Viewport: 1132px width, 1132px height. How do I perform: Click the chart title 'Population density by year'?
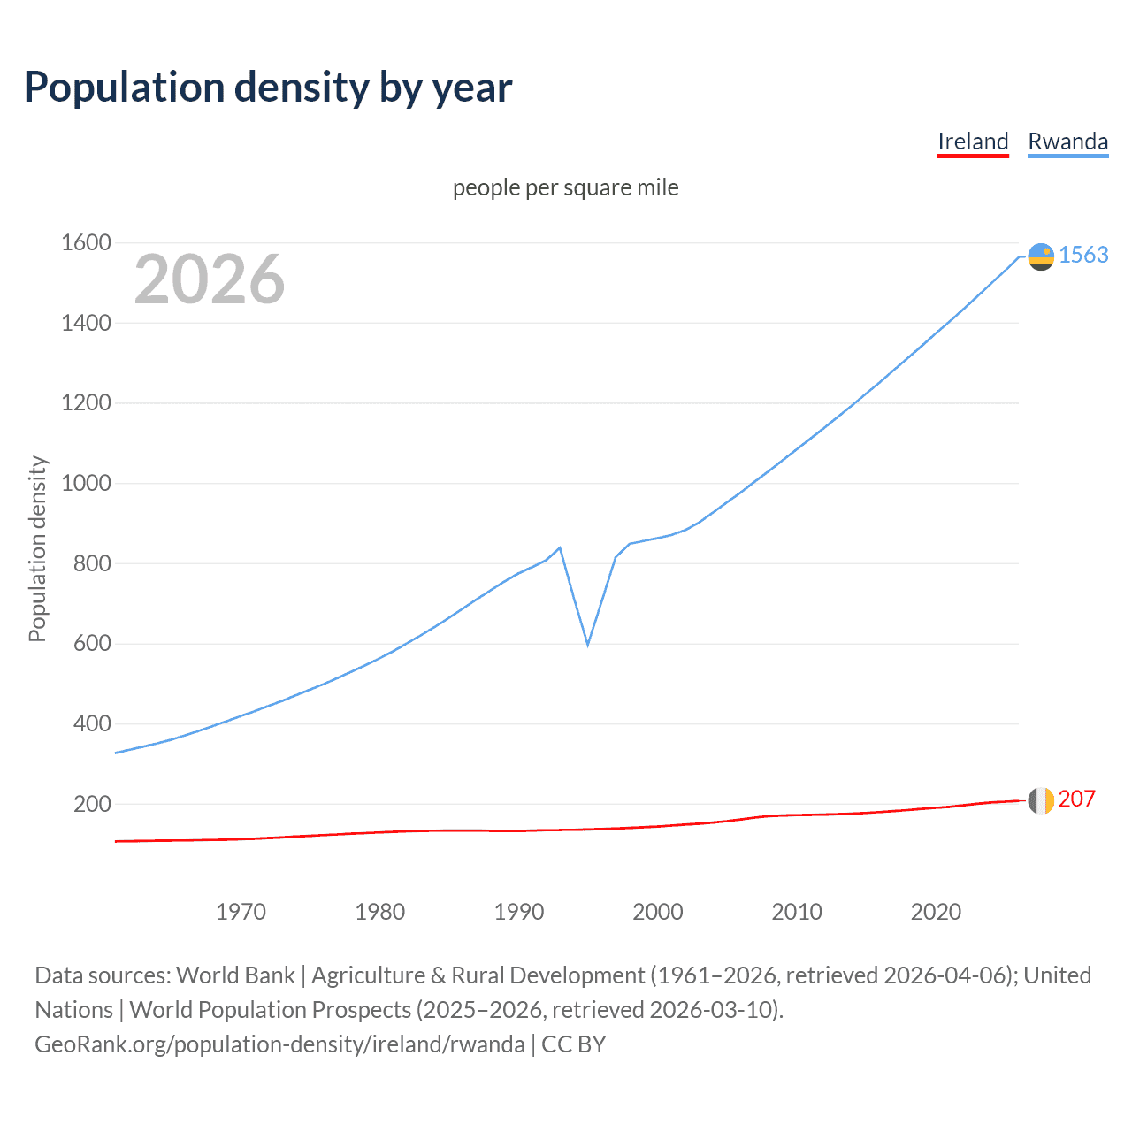(x=268, y=88)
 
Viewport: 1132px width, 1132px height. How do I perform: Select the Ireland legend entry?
(x=973, y=141)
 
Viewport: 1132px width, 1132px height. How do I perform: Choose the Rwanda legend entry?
(x=1067, y=141)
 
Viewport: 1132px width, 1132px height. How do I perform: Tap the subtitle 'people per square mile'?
(x=565, y=187)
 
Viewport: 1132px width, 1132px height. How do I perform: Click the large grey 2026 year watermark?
(x=210, y=279)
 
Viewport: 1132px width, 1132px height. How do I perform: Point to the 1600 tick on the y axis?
(x=86, y=242)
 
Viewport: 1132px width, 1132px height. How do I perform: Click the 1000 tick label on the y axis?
(x=86, y=483)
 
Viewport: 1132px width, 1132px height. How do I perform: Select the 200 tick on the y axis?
(x=92, y=804)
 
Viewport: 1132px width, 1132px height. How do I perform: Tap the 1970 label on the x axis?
(x=241, y=912)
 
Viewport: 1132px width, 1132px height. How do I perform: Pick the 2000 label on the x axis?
(x=657, y=912)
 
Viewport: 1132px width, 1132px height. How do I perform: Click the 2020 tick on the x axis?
(x=936, y=912)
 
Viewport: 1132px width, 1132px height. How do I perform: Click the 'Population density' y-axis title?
(x=37, y=548)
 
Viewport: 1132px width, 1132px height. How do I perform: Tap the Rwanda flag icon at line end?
(x=1041, y=256)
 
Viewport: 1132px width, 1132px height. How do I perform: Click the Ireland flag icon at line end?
(x=1041, y=800)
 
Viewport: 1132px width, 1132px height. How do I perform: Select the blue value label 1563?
(x=1083, y=255)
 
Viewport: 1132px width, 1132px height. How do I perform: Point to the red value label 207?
(x=1076, y=799)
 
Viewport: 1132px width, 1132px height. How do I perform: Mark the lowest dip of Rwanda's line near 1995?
(x=587, y=645)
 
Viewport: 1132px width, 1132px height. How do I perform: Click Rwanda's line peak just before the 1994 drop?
(x=560, y=547)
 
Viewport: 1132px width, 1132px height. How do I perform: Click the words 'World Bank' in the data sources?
(x=235, y=975)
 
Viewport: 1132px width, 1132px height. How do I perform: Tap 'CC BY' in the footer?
(x=573, y=1044)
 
